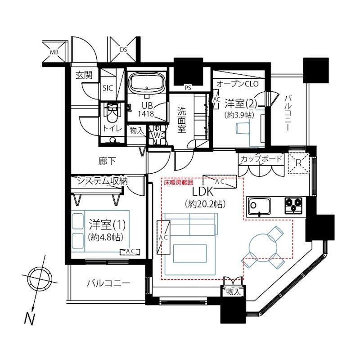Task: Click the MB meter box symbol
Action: [54, 52]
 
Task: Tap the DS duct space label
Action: [123, 49]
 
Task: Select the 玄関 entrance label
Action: [84, 75]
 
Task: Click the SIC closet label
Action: [108, 88]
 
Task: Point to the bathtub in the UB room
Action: [147, 83]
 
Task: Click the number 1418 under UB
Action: [146, 113]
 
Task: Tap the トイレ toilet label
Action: [112, 129]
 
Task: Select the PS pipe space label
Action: [188, 88]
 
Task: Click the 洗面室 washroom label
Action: [182, 120]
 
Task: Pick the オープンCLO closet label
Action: [238, 84]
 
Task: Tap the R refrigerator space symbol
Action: [298, 163]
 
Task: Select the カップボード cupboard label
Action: [261, 159]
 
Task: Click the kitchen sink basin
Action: [258, 205]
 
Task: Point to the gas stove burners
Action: [293, 206]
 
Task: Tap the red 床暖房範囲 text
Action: [179, 182]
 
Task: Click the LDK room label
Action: [203, 192]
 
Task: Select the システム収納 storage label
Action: [102, 181]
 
